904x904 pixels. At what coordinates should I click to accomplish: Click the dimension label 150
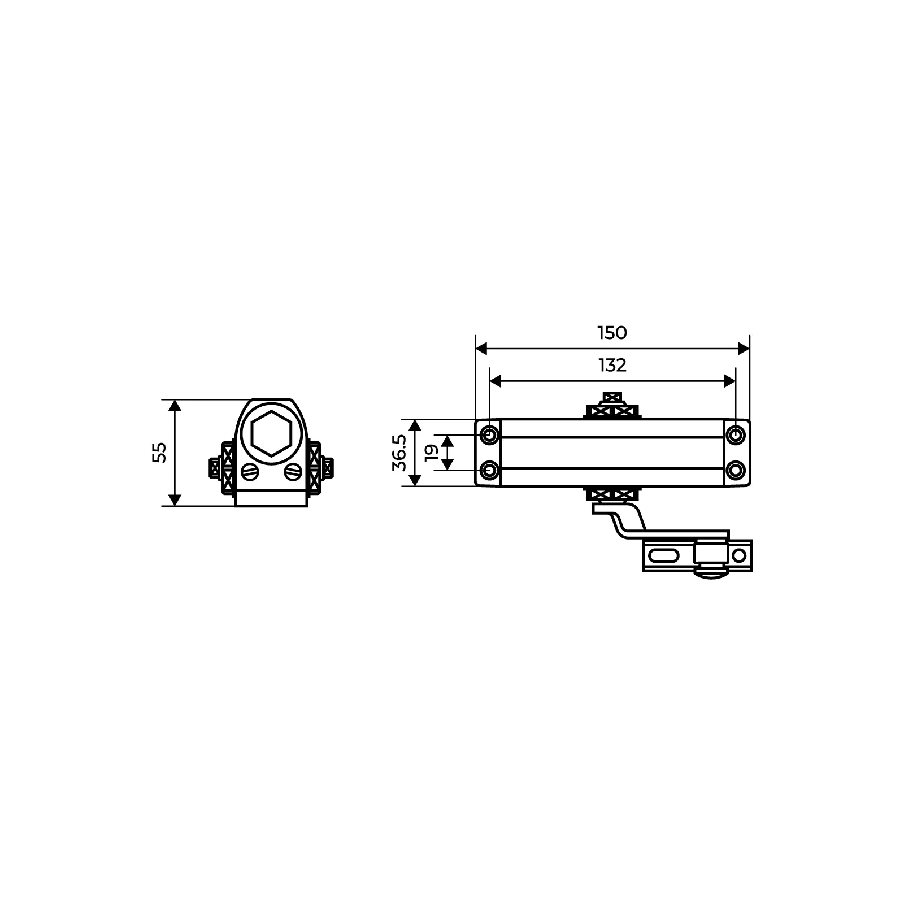coord(612,333)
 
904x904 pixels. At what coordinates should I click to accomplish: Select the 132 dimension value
coord(612,366)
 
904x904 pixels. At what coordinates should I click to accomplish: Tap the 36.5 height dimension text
coord(399,453)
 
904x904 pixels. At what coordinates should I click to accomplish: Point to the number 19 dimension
coord(431,453)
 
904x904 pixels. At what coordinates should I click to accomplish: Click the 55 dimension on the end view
coord(160,453)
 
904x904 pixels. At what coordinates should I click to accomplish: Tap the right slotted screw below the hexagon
coord(293,471)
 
